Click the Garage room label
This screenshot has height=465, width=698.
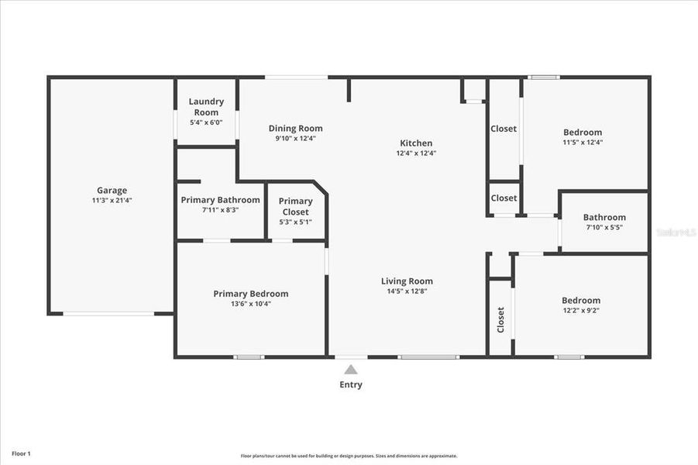(112, 190)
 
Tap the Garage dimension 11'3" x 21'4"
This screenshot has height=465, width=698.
(112, 200)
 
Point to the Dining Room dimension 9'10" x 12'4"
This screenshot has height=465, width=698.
(295, 139)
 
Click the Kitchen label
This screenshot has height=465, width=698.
(416, 143)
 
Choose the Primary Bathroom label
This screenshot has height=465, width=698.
(220, 200)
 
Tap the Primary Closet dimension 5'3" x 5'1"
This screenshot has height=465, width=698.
(295, 222)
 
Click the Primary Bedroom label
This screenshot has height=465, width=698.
(250, 294)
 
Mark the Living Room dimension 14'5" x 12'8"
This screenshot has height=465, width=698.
(406, 291)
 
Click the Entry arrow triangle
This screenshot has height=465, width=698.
(351, 370)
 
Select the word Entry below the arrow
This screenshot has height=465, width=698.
(351, 384)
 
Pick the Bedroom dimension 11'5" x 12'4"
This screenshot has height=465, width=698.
(583, 143)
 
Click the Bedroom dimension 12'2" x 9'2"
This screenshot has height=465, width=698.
(581, 311)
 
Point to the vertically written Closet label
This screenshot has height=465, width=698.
(500, 319)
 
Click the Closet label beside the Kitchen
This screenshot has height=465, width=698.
(504, 129)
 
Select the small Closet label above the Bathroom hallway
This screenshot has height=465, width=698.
(504, 198)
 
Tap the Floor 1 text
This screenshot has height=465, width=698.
(21, 453)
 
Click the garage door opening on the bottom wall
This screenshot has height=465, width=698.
(108, 314)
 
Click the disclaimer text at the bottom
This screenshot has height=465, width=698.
(349, 456)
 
